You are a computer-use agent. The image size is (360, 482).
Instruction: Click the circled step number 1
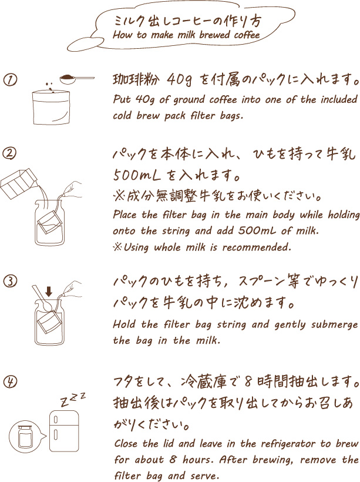pyautogui.click(x=11, y=80)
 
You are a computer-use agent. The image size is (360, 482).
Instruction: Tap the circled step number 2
pyautogui.click(x=9, y=153)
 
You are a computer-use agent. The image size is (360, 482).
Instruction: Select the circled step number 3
pyautogui.click(x=11, y=282)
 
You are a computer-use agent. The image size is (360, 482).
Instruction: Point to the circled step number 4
pyautogui.click(x=10, y=382)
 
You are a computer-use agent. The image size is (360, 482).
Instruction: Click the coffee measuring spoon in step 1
pyautogui.click(x=77, y=78)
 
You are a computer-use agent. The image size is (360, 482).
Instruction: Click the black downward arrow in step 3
pyautogui.click(x=49, y=292)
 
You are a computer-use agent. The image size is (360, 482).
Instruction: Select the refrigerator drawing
pyautogui.click(x=64, y=430)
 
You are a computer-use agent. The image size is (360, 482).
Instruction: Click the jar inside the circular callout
pyautogui.click(x=25, y=436)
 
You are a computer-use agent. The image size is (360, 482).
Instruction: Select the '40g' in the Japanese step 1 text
pyautogui.click(x=179, y=80)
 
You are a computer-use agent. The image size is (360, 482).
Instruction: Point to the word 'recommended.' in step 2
pyautogui.click(x=257, y=247)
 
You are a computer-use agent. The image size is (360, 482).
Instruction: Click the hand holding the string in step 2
pyautogui.click(x=72, y=189)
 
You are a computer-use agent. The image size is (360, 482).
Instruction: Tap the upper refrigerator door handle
pyautogui.click(x=56, y=420)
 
